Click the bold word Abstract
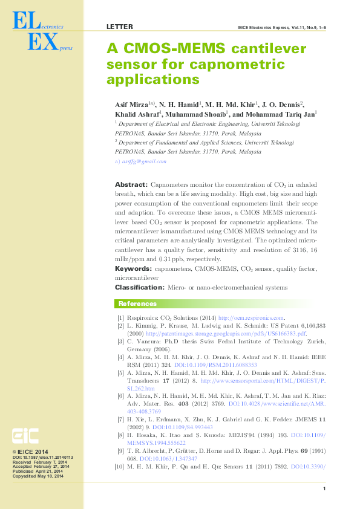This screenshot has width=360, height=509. [x=131, y=184]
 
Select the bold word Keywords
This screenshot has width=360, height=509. [x=133, y=268]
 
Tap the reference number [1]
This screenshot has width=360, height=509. [x=121, y=318]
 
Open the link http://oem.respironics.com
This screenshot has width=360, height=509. [x=250, y=318]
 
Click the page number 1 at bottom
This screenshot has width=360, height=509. [x=325, y=488]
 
